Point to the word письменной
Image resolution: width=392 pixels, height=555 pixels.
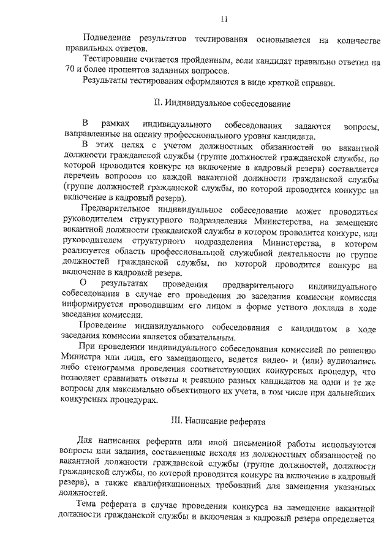(261, 443)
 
